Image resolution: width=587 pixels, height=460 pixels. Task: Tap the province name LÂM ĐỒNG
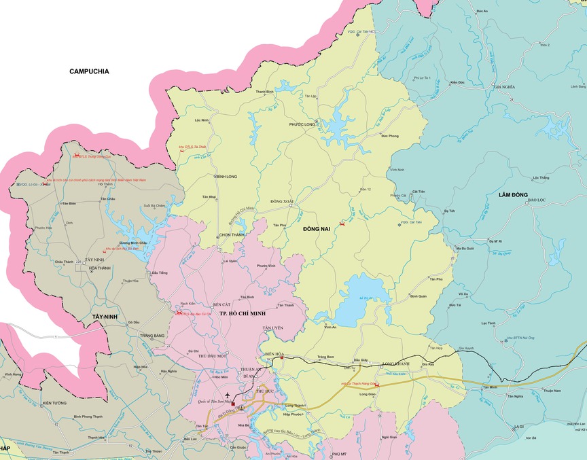click(x=513, y=195)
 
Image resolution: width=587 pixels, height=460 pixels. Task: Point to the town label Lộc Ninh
click(x=201, y=120)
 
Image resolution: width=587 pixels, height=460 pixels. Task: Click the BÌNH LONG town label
click(x=226, y=175)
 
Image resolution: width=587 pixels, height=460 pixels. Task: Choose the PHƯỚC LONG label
click(x=302, y=124)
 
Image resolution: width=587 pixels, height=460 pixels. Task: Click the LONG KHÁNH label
click(x=397, y=363)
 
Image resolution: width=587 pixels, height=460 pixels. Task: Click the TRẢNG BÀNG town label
click(x=152, y=336)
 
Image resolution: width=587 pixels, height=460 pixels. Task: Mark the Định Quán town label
click(x=419, y=296)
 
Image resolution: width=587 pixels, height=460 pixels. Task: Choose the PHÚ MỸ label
click(x=338, y=453)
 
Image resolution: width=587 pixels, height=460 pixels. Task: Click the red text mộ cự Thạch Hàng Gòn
click(x=357, y=383)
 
